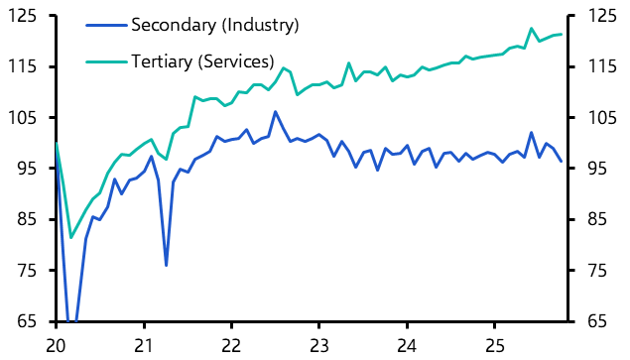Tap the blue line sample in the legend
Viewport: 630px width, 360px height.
(x=105, y=24)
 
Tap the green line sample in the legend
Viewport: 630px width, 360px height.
(x=105, y=61)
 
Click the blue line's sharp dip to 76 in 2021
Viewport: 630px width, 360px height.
(x=166, y=265)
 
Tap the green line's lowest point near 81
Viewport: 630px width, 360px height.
(x=70, y=237)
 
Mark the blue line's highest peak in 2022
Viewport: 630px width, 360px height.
(x=275, y=111)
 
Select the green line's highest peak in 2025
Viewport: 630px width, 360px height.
(x=532, y=29)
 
